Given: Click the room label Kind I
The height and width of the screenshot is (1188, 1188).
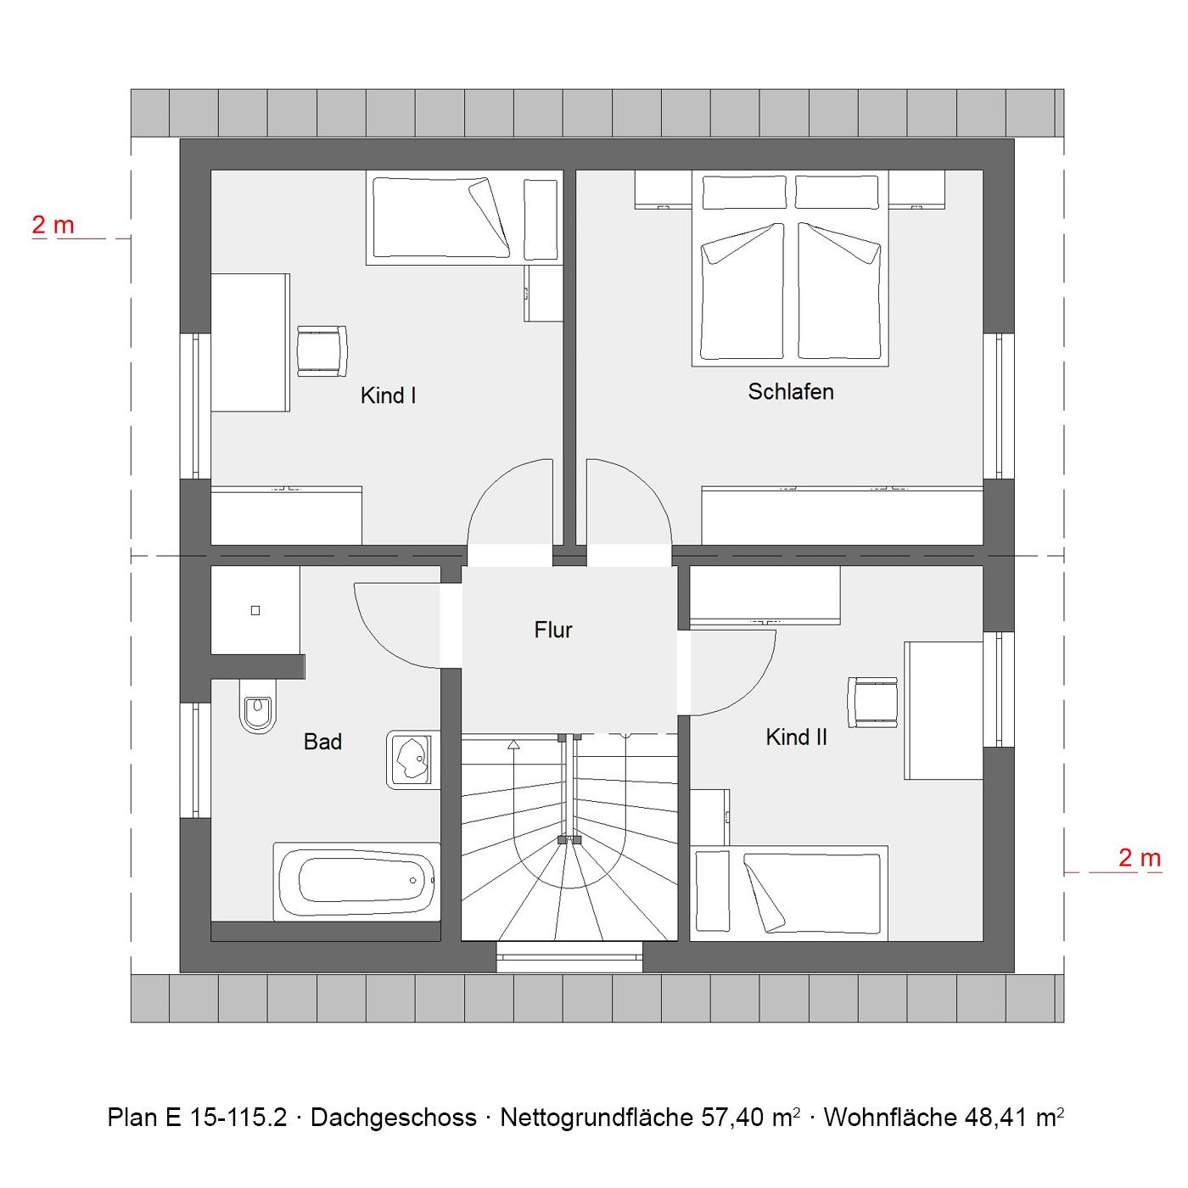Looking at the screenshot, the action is click(x=388, y=395).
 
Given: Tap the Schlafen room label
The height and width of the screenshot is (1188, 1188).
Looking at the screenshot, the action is click(x=790, y=391).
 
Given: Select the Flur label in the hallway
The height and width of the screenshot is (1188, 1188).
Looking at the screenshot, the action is click(x=553, y=630).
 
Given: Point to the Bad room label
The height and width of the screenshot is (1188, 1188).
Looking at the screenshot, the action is click(x=322, y=742).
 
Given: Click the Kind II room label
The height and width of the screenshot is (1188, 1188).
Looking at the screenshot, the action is click(x=796, y=737).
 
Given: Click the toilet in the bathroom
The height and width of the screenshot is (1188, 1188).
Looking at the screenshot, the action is click(x=258, y=706).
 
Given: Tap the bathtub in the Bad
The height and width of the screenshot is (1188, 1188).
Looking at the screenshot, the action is click(x=357, y=882).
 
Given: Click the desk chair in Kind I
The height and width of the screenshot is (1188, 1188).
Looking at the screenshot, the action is click(x=322, y=350).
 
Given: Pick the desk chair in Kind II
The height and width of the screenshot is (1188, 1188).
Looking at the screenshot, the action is click(x=872, y=703).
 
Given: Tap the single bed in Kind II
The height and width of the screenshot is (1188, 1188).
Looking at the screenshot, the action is click(x=788, y=894).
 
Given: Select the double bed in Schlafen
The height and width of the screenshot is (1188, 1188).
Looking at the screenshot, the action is click(x=790, y=268).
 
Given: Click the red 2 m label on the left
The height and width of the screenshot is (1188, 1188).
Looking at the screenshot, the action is click(x=53, y=225).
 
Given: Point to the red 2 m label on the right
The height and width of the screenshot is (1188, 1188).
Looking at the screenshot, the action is click(x=1140, y=858).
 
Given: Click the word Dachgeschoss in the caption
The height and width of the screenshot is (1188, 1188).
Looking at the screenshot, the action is click(x=394, y=1118).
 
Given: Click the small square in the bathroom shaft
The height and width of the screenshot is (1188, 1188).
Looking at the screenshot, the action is click(x=255, y=610).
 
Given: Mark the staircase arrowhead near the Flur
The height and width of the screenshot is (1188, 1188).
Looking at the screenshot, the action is click(x=513, y=745).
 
